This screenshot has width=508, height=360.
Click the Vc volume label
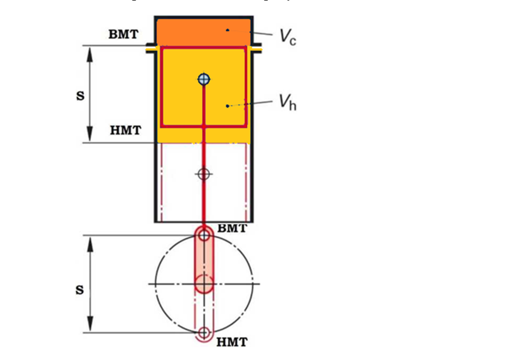288,36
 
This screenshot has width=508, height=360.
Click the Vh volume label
288,102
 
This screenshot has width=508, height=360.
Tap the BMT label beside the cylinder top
123,34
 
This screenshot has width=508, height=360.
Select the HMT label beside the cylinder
126,130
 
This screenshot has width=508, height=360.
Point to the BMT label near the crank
232,228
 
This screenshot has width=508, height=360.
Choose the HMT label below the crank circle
232,342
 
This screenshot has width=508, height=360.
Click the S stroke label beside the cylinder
80,96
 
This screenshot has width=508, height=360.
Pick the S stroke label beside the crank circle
80,290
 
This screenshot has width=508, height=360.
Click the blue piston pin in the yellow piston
204,79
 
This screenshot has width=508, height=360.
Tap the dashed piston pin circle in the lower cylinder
203,174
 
